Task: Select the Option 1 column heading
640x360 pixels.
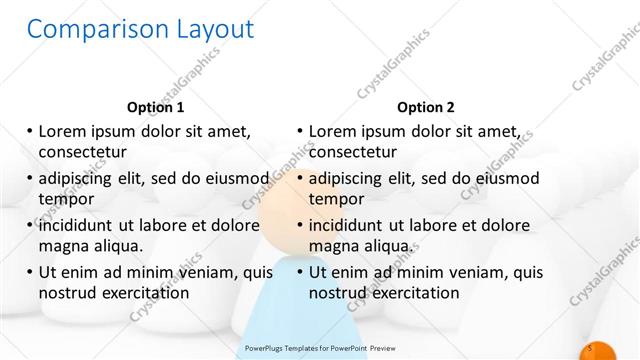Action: (155, 107)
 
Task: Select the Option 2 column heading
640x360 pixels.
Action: (425, 107)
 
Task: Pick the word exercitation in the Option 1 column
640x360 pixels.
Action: (145, 293)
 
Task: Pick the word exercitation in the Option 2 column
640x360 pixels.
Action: (416, 293)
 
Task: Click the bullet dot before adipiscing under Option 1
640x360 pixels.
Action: (30, 179)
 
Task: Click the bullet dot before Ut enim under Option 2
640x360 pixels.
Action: (300, 272)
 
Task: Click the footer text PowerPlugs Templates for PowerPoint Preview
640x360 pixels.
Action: (319, 349)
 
